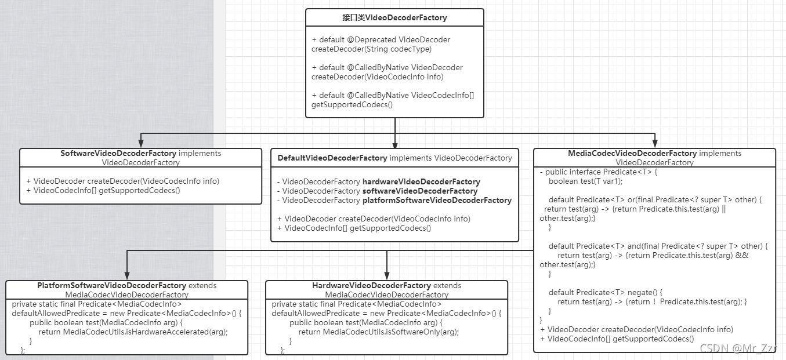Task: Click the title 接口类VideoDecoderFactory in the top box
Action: [394, 17]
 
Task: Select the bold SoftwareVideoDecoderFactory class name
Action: [118, 154]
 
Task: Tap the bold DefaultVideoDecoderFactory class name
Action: [332, 158]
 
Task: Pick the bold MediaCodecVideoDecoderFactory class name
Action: [632, 154]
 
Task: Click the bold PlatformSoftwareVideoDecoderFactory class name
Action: [112, 285]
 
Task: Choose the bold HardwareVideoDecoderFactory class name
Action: [371, 285]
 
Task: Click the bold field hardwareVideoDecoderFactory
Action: [421, 181]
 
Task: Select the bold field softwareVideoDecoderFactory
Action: [420, 191]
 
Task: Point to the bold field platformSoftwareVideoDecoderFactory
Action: [437, 200]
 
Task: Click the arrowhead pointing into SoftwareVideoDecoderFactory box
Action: [141, 144]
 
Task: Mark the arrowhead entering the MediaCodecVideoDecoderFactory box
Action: [655, 144]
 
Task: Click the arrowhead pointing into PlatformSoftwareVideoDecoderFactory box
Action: [127, 276]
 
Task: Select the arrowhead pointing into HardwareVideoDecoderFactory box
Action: [387, 276]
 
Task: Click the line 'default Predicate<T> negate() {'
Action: [605, 292]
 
